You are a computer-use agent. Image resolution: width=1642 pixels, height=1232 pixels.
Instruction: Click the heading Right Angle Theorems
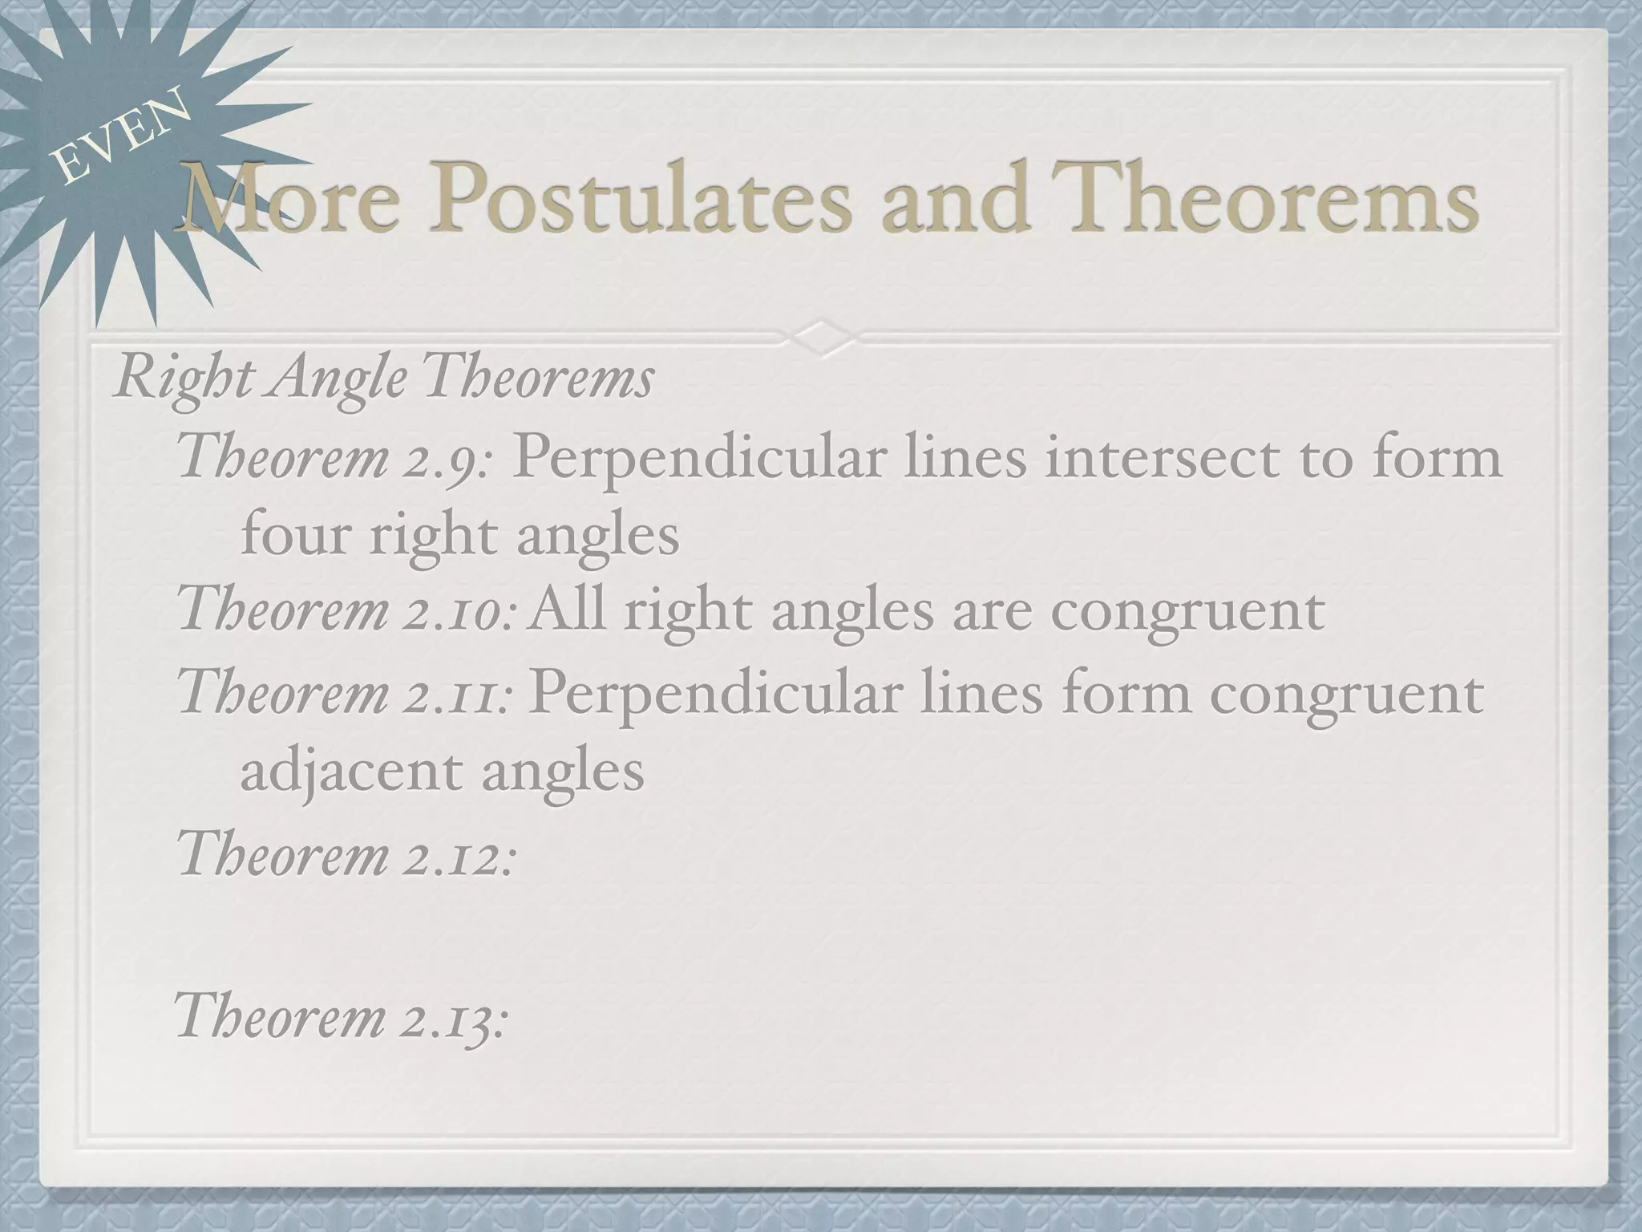pyautogui.click(x=383, y=379)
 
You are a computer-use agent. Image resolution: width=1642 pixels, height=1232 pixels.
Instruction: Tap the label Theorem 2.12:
pyautogui.click(x=345, y=854)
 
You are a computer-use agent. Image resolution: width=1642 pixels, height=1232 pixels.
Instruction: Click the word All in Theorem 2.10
pyautogui.click(x=568, y=610)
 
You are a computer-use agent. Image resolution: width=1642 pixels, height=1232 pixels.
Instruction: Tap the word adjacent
pyautogui.click(x=351, y=772)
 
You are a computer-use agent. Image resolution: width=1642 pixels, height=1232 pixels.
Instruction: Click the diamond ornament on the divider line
pyautogui.click(x=821, y=338)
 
